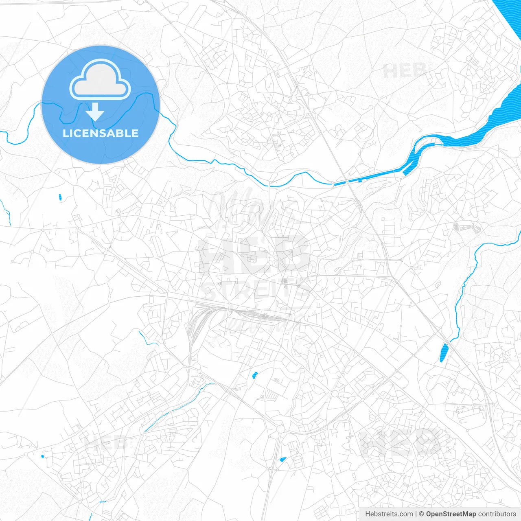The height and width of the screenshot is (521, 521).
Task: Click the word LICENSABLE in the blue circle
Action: pos(101,133)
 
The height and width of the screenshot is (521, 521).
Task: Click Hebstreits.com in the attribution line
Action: pos(389,514)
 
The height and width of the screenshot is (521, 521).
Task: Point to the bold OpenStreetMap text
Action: pos(451,514)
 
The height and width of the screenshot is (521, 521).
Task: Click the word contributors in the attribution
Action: pos(497,514)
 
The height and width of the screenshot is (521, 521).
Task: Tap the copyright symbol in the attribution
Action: pos(421,514)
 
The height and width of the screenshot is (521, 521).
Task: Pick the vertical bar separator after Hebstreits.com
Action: pos(416,514)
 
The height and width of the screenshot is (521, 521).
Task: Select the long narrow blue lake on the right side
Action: pos(444,352)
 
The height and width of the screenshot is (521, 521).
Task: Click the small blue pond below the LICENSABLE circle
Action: pos(60,197)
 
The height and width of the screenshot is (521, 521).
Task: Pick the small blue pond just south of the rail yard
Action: pos(255,375)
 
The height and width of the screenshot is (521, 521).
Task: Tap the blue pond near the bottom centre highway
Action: pos(282,460)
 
